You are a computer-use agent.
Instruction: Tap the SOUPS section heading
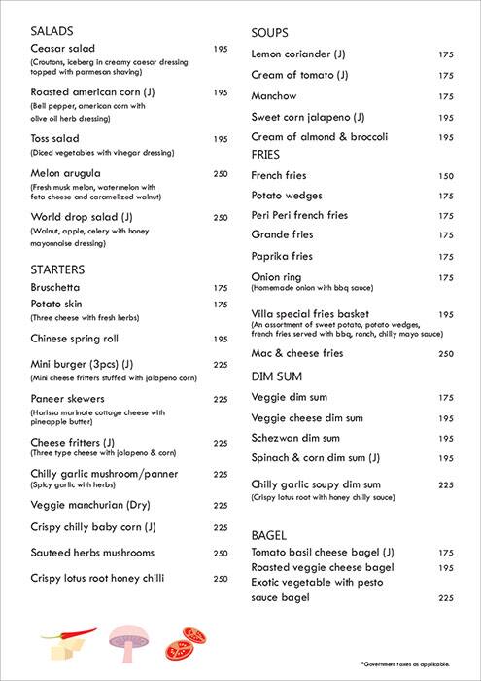(270, 33)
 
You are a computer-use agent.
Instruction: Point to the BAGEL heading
(269, 535)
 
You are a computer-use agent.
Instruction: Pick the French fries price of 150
(446, 176)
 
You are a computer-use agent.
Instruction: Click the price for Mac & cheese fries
(446, 354)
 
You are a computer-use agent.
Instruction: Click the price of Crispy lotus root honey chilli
(221, 579)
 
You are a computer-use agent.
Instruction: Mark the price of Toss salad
(221, 139)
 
